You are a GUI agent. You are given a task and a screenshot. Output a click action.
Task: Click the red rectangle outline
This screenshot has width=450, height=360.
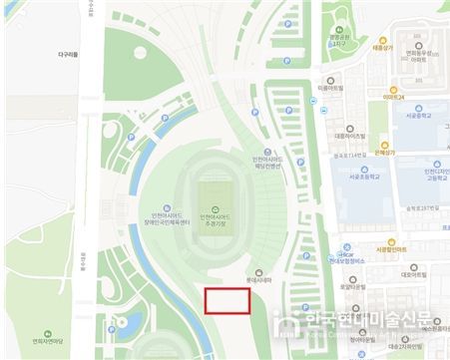pos(226,302)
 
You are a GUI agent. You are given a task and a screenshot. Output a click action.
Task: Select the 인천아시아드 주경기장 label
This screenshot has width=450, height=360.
pos(219,219)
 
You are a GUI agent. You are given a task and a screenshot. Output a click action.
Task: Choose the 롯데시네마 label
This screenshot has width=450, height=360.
pos(259,280)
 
